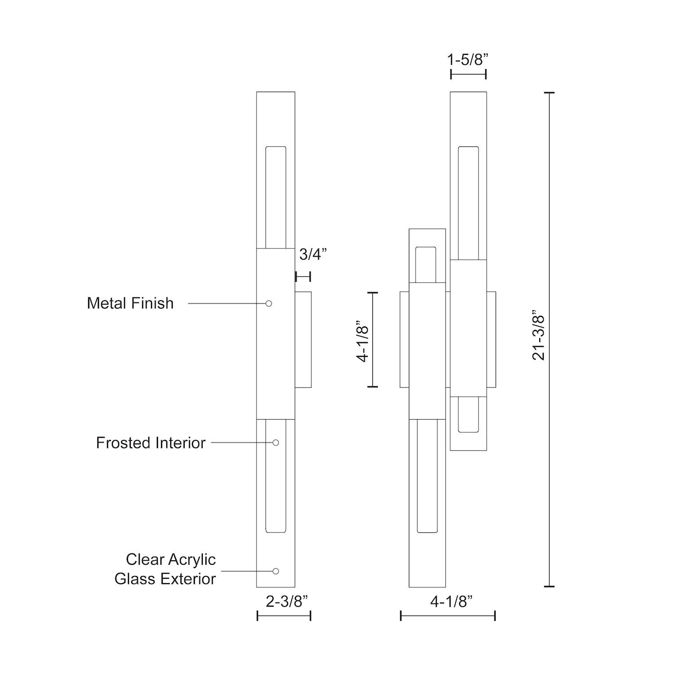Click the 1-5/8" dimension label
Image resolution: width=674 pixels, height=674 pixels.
coord(467,59)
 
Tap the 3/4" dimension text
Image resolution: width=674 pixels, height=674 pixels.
coord(312,254)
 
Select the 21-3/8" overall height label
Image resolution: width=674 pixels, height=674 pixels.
coord(538,335)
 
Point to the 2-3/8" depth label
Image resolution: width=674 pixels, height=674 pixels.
coord(287,601)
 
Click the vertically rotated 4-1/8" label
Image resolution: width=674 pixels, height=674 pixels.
coord(362,341)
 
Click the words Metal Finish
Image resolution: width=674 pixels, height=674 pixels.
coord(130,303)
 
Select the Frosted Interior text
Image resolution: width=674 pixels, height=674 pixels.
coord(151,443)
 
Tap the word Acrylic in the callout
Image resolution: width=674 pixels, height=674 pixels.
coord(192,559)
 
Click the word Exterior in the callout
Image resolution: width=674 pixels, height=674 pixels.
coord(189,579)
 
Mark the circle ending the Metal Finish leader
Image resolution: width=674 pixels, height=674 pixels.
coord(269,304)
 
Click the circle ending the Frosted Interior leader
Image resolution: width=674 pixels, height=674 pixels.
coord(275,443)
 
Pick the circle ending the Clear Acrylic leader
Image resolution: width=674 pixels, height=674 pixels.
coord(275,571)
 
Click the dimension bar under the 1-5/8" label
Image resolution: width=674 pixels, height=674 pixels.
coord(468,74)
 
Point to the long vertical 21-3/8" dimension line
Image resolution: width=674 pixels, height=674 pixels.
coord(549,339)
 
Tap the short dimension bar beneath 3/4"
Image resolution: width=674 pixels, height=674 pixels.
coord(303,276)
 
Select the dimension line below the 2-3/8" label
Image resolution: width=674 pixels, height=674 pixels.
coord(284,616)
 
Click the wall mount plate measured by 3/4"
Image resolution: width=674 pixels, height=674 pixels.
coord(303,340)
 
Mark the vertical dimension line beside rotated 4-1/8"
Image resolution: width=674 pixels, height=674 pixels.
coord(372,339)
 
